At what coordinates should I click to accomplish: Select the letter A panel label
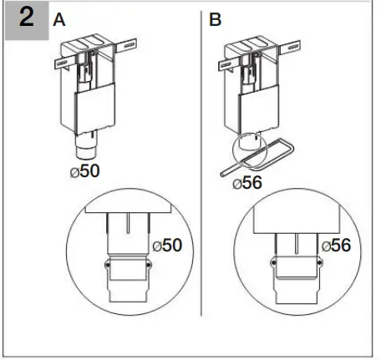pos(59,20)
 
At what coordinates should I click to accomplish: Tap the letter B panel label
pos(216,20)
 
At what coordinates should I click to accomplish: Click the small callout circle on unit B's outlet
pos(249,150)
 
